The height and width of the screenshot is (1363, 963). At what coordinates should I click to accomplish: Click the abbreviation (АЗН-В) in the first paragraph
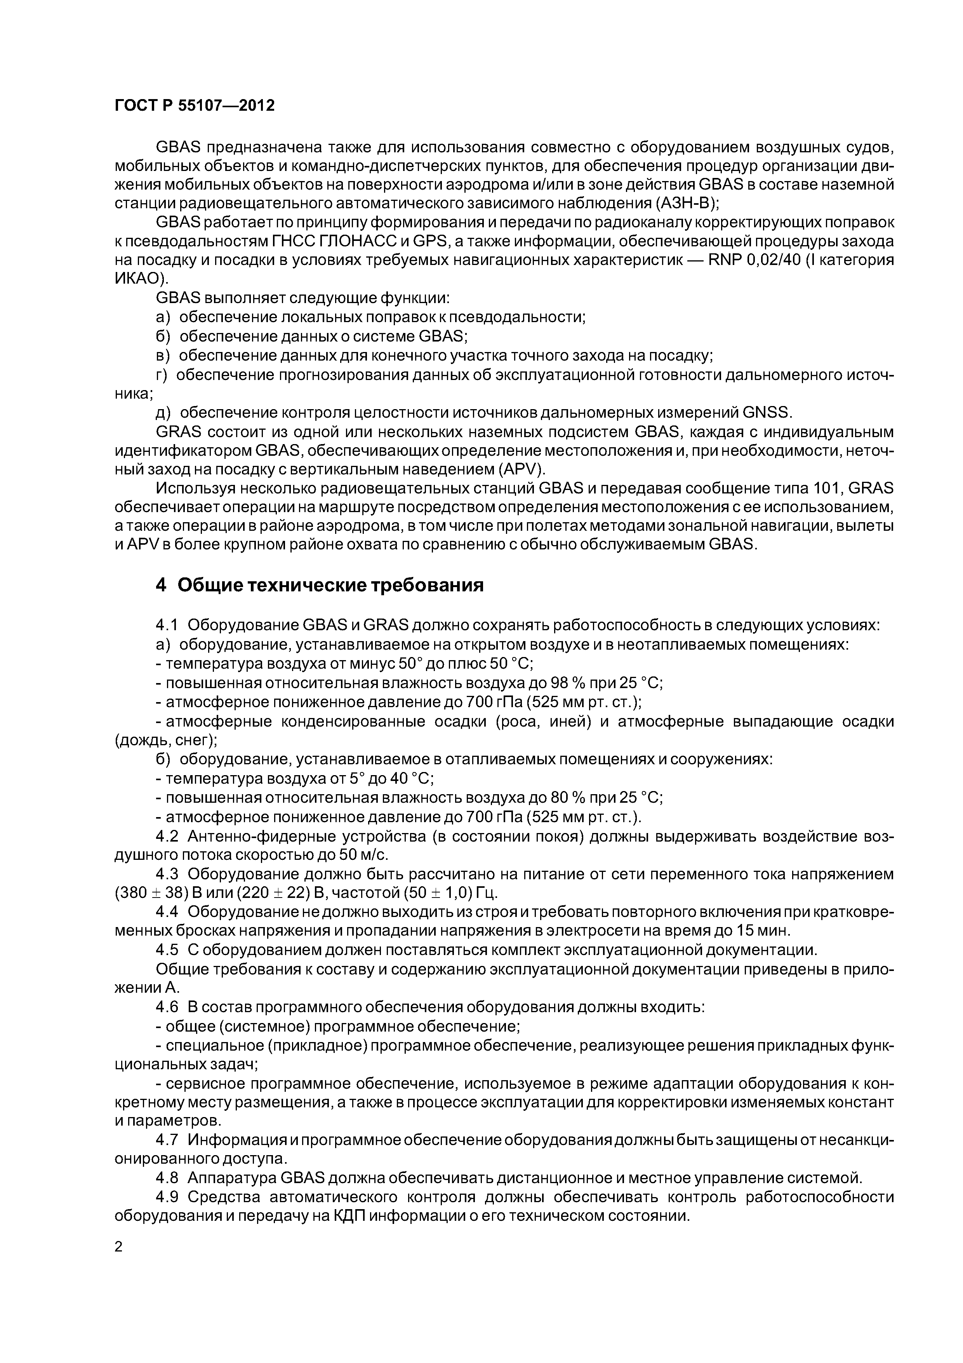687,204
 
